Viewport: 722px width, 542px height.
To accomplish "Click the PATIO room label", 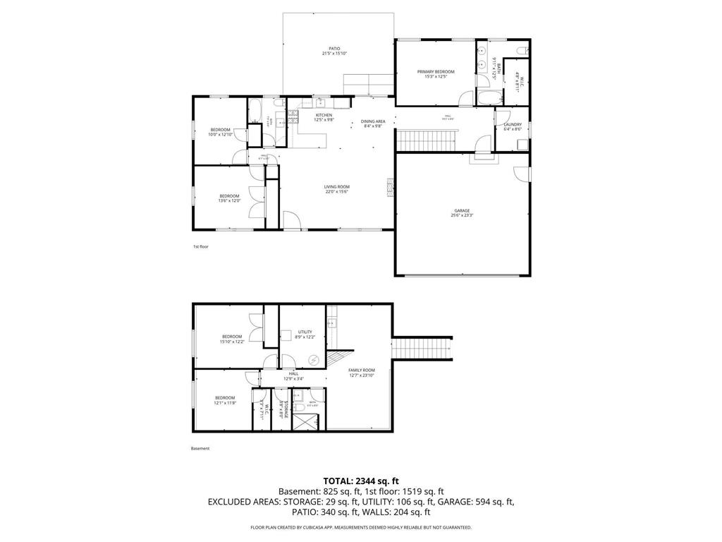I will [x=334, y=49].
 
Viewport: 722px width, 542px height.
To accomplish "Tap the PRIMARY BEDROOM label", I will [x=435, y=71].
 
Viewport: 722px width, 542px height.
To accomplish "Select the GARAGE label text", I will [x=462, y=210].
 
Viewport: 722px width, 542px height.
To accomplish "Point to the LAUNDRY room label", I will [x=513, y=124].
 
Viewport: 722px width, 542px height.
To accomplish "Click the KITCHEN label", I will [x=324, y=115].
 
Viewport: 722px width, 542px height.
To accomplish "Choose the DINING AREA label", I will [x=373, y=121].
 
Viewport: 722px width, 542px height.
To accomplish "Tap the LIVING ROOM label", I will [x=337, y=187].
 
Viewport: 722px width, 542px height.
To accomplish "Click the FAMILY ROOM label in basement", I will [x=361, y=370].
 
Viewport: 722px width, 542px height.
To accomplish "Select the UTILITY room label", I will [x=305, y=331].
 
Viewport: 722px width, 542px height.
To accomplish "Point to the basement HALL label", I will [x=302, y=373].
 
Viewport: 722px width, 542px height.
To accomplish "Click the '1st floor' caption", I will [x=201, y=246].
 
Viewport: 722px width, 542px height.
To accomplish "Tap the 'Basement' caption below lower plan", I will [x=200, y=448].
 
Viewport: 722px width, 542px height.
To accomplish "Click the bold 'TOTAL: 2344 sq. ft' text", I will [x=360, y=481].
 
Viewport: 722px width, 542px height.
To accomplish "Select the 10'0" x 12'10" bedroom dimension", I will [x=220, y=135].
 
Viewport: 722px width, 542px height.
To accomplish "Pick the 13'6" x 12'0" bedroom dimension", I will [x=229, y=201].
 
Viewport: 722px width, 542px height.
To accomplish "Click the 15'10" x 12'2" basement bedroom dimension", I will [x=232, y=342].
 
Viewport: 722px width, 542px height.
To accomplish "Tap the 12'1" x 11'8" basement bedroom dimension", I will [x=225, y=403].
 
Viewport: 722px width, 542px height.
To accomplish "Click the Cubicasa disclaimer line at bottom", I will [x=360, y=527].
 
